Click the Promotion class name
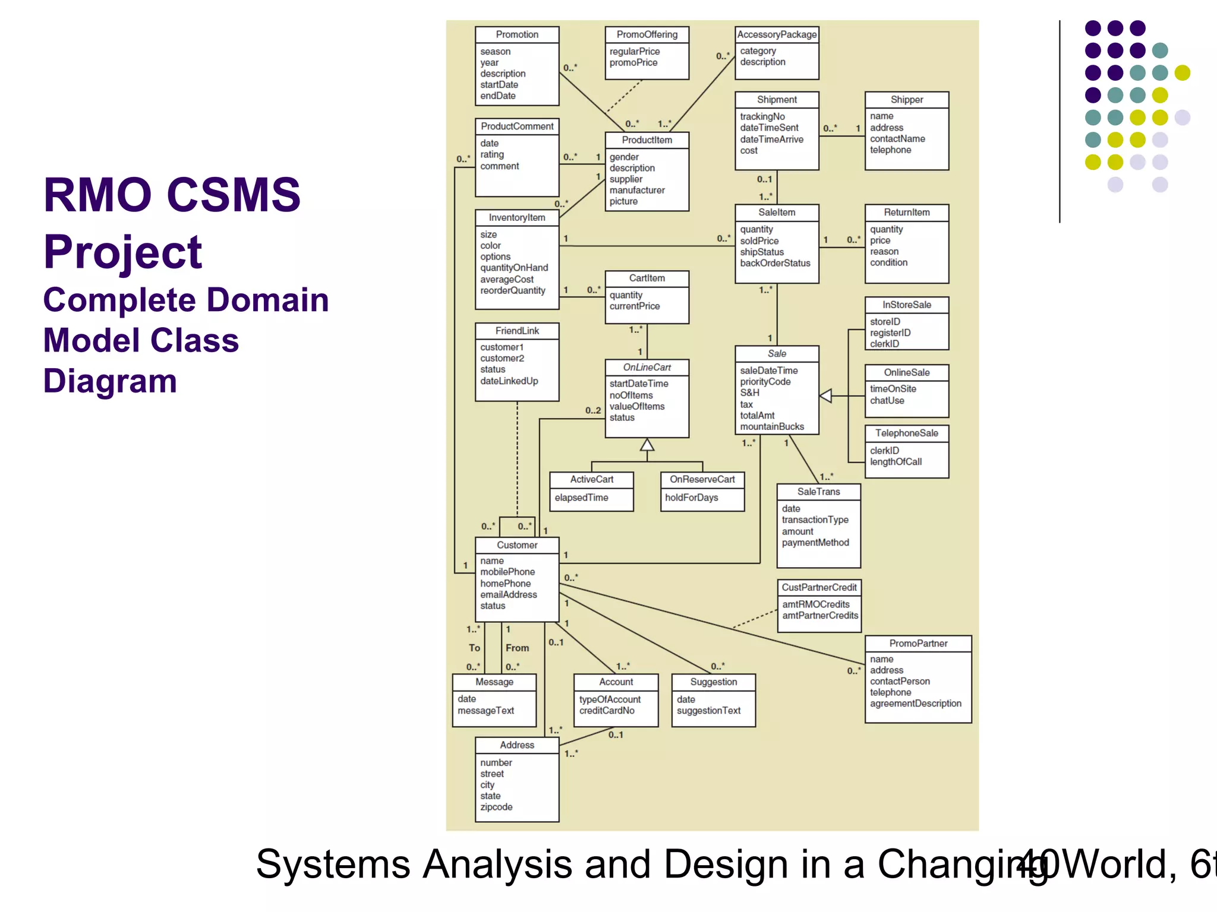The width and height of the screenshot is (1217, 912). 517,34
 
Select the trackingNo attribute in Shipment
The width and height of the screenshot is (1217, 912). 762,116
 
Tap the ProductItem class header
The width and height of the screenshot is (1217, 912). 647,140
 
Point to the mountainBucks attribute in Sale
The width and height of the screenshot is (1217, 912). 771,426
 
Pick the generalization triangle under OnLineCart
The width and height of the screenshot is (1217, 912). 647,445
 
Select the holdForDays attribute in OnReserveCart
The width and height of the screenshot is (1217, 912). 691,498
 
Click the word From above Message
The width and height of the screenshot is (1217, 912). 517,648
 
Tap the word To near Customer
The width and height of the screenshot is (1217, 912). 474,648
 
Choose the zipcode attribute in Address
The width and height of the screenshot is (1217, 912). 496,807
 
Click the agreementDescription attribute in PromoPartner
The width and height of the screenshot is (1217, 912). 915,704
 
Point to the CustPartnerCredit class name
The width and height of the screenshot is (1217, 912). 819,587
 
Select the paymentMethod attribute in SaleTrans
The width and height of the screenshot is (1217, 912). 815,543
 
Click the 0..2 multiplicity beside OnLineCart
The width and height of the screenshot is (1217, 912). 592,410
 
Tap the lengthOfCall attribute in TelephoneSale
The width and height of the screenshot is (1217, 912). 896,462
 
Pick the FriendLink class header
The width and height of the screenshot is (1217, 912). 517,331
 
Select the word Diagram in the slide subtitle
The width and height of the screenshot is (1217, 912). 110,381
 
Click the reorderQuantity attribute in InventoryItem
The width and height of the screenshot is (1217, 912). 512,290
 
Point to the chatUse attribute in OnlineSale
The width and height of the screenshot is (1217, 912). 887,400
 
